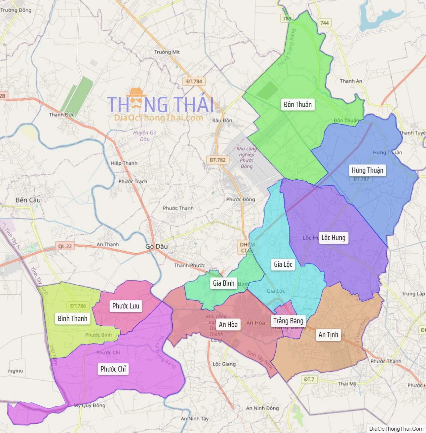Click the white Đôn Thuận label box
297,105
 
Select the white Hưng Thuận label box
367,170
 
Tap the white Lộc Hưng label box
333,238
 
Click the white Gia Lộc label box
283,264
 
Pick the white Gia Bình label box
223,283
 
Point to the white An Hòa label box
228,324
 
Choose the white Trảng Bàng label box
288,321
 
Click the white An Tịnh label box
328,335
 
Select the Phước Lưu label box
126,306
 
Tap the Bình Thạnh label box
72,318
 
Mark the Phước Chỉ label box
113,369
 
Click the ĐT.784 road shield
194,81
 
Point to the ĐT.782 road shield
217,160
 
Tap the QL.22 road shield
65,246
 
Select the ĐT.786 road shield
78,306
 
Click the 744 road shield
325,23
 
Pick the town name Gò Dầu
157,246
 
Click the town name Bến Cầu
28,200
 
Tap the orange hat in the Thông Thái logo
136,93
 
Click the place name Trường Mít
167,52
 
